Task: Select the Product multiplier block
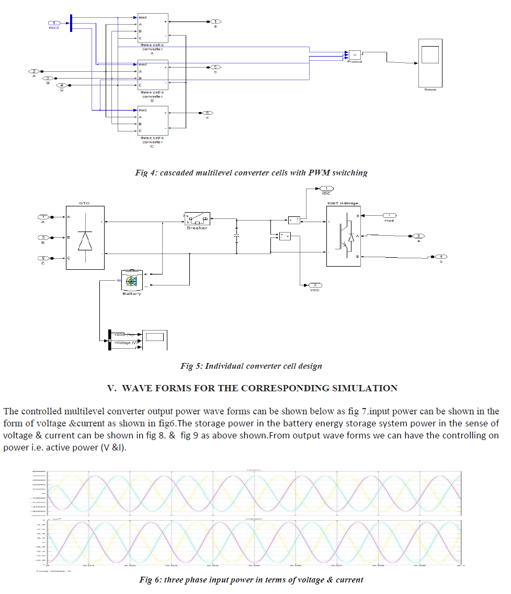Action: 355,54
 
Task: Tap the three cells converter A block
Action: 153,28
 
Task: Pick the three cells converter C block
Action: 153,120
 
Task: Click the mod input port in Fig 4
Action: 55,23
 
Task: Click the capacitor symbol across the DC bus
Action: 236,237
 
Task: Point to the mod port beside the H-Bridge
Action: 389,215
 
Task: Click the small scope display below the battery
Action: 155,340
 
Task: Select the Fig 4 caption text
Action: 251,173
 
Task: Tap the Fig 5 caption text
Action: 251,366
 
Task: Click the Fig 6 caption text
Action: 251,579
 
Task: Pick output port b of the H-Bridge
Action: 441,257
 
